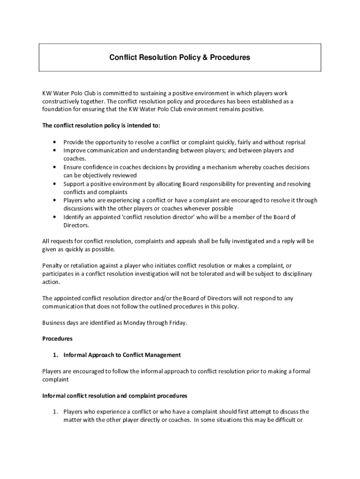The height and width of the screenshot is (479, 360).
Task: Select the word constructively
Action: [x=61, y=101]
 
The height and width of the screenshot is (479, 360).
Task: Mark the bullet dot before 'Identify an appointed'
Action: [x=55, y=217]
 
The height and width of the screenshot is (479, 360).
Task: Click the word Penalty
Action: [x=52, y=266]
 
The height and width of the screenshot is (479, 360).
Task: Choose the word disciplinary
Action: [x=295, y=274]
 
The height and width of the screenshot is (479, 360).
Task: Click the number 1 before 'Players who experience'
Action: [x=55, y=412]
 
